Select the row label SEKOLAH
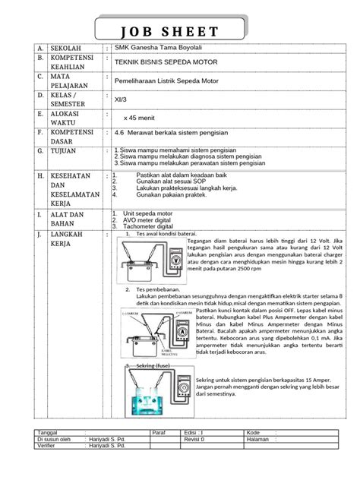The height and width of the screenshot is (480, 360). (65, 48)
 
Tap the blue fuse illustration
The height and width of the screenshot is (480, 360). (148, 396)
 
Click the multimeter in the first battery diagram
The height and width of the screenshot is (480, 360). (175, 257)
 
